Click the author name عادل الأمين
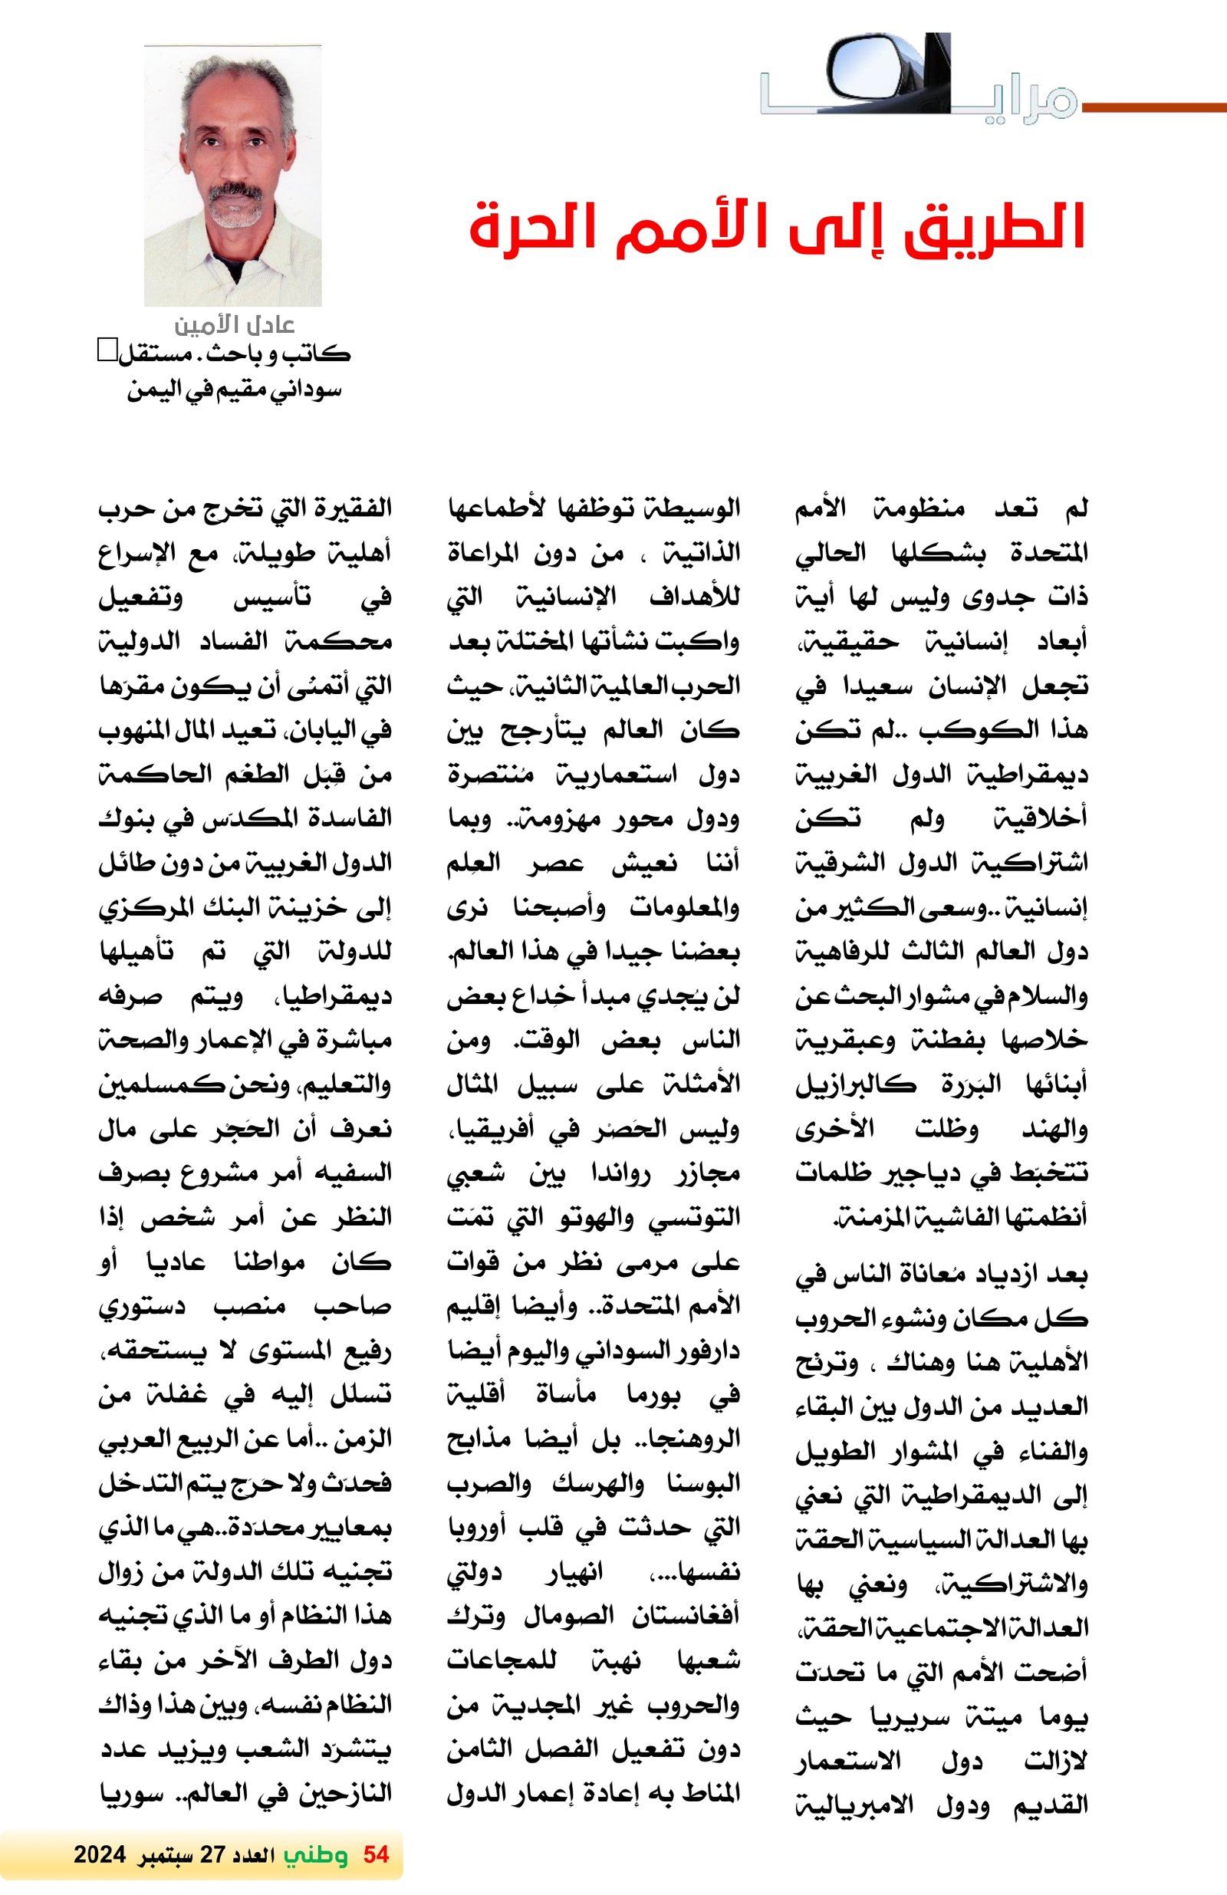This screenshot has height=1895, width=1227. click(x=234, y=325)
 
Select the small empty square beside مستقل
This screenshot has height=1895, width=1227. click(x=106, y=350)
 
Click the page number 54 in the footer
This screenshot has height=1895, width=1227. click(x=376, y=1855)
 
